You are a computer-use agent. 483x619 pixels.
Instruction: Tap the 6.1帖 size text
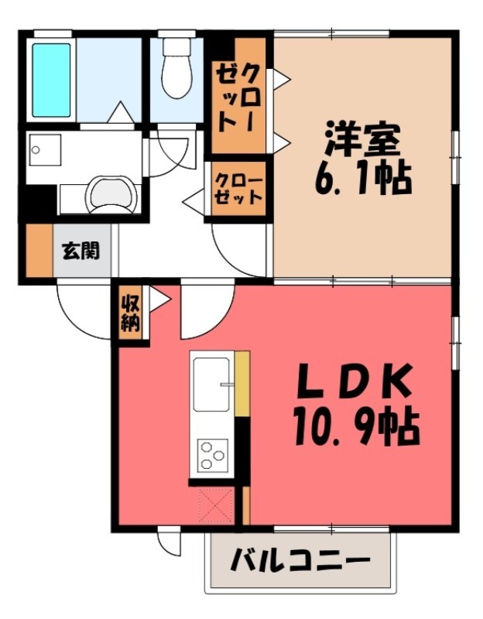(x=361, y=180)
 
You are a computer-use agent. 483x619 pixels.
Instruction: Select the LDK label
(x=355, y=383)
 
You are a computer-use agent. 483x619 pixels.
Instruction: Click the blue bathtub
(x=50, y=78)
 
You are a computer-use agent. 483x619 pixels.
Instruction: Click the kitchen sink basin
(x=213, y=384)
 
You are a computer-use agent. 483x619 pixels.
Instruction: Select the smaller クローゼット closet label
(x=238, y=189)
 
